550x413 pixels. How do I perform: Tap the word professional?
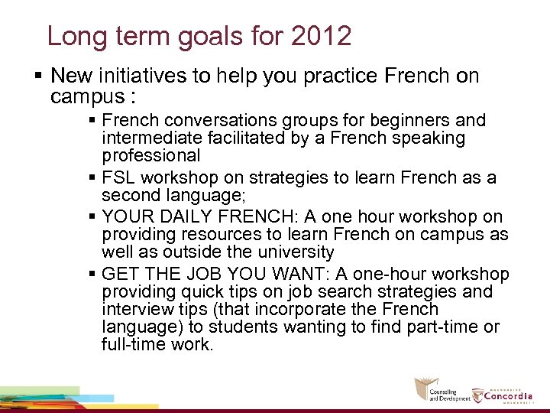[150, 156]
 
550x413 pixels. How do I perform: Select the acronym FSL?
[118, 178]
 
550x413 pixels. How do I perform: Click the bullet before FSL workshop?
[92, 178]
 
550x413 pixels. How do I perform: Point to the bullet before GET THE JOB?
[92, 275]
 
